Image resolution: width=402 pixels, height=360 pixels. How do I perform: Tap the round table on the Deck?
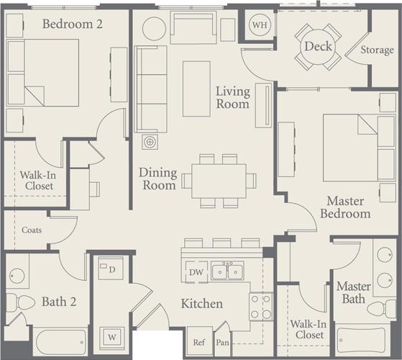click(318, 47)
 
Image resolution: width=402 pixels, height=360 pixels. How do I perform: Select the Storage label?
click(377, 50)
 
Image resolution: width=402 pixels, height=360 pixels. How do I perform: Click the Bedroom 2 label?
click(72, 24)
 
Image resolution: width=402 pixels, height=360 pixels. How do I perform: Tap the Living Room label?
click(234, 98)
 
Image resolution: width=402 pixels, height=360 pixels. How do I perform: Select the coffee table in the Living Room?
click(196, 89)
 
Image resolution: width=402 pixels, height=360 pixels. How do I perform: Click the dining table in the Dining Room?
click(219, 179)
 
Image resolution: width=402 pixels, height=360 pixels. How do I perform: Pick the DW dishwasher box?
click(196, 272)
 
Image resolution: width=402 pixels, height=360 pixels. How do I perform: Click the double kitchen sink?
click(231, 271)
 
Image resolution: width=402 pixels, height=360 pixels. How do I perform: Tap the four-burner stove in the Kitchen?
click(260, 306)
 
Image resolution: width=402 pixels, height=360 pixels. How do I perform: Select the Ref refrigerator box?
click(198, 342)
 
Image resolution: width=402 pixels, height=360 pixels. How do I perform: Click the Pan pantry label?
click(222, 343)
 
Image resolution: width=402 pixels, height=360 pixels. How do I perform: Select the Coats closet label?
click(31, 230)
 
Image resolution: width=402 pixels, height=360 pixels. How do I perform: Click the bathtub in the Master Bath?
click(365, 342)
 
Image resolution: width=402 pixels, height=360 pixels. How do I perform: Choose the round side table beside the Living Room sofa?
click(154, 29)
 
